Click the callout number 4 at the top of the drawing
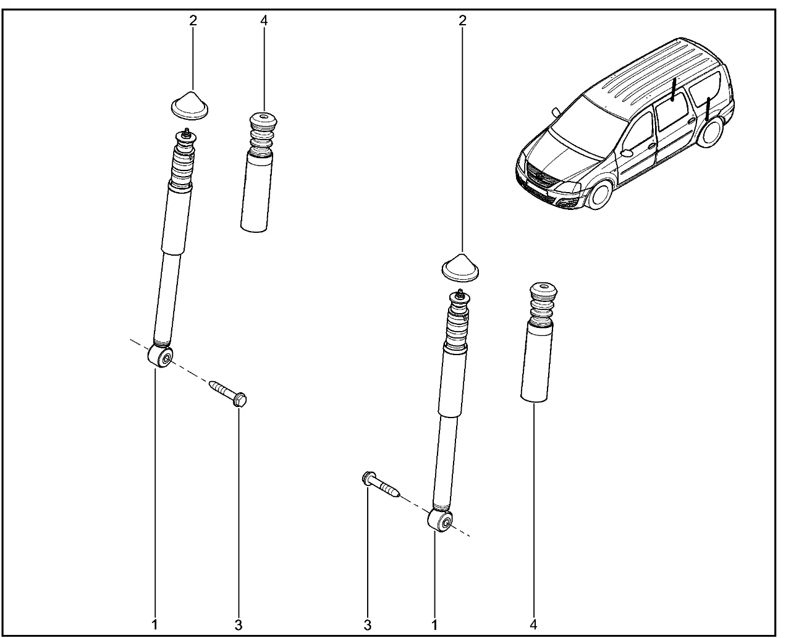click(264, 20)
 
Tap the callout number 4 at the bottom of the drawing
click(534, 624)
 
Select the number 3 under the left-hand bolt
click(239, 626)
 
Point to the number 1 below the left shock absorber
click(155, 624)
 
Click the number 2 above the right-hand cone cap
click(462, 20)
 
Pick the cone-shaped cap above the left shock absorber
click(189, 106)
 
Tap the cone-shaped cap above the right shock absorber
click(460, 268)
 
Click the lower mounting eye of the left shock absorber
click(161, 356)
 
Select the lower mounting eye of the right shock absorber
click(440, 521)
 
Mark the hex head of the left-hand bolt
click(240, 400)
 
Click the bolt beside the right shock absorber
click(381, 484)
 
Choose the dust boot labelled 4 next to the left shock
click(259, 172)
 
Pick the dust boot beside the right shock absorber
click(539, 342)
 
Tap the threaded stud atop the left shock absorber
click(187, 133)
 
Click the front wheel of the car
click(599, 195)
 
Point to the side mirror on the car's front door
click(627, 153)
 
